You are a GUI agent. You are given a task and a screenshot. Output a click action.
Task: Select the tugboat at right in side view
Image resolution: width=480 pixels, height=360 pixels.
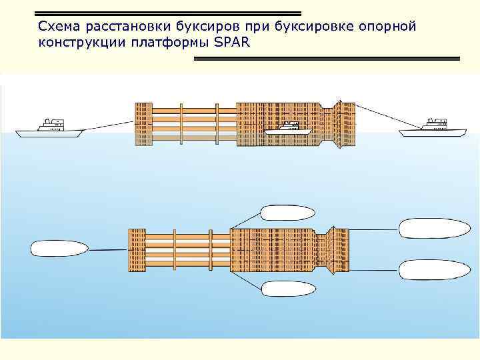point(431,129)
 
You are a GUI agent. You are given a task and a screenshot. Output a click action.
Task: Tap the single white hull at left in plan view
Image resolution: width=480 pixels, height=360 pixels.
point(59,249)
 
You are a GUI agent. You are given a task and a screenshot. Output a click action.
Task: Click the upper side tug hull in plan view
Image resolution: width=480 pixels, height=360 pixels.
point(287,213)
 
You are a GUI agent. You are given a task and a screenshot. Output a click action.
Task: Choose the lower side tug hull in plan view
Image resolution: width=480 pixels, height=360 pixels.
point(287,289)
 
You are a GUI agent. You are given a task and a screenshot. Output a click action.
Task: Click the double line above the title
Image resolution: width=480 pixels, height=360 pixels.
point(167,13)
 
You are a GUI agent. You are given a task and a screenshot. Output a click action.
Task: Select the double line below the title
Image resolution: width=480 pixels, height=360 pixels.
point(327,59)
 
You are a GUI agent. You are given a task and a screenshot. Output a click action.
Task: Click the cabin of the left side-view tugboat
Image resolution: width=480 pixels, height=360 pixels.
point(51,123)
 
